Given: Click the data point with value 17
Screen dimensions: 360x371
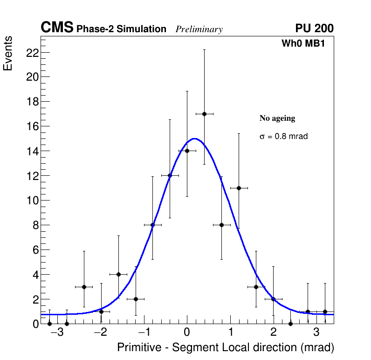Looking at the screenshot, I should (x=204, y=114).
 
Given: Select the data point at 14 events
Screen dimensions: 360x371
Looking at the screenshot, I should (x=187, y=151).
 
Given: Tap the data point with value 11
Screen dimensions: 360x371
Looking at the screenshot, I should (x=239, y=188).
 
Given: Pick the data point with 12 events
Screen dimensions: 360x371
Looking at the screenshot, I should (x=170, y=175).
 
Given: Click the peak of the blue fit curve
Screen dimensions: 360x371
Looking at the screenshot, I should (x=194, y=138).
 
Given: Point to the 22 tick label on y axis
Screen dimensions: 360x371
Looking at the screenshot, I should (x=32, y=53).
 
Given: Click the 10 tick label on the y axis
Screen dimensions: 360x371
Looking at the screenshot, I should (x=32, y=201).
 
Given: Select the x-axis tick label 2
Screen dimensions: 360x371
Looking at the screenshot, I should (x=273, y=333).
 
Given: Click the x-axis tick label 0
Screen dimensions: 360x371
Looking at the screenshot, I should (x=187, y=333).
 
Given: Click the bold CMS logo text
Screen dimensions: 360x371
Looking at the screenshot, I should (x=57, y=28).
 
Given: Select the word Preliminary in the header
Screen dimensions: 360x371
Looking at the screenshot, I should (x=199, y=29).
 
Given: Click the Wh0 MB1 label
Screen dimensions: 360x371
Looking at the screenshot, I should (x=302, y=43).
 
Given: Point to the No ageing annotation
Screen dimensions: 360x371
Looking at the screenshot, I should (x=277, y=118).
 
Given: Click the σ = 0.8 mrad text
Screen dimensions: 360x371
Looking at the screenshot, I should (x=283, y=137).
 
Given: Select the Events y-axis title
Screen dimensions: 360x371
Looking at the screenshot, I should (x=8, y=53).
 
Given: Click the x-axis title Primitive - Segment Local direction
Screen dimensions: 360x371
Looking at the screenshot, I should (x=226, y=348).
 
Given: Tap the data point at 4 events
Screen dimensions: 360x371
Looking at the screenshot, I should (x=118, y=274).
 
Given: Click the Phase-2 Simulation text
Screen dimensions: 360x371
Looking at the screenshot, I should (x=121, y=29).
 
